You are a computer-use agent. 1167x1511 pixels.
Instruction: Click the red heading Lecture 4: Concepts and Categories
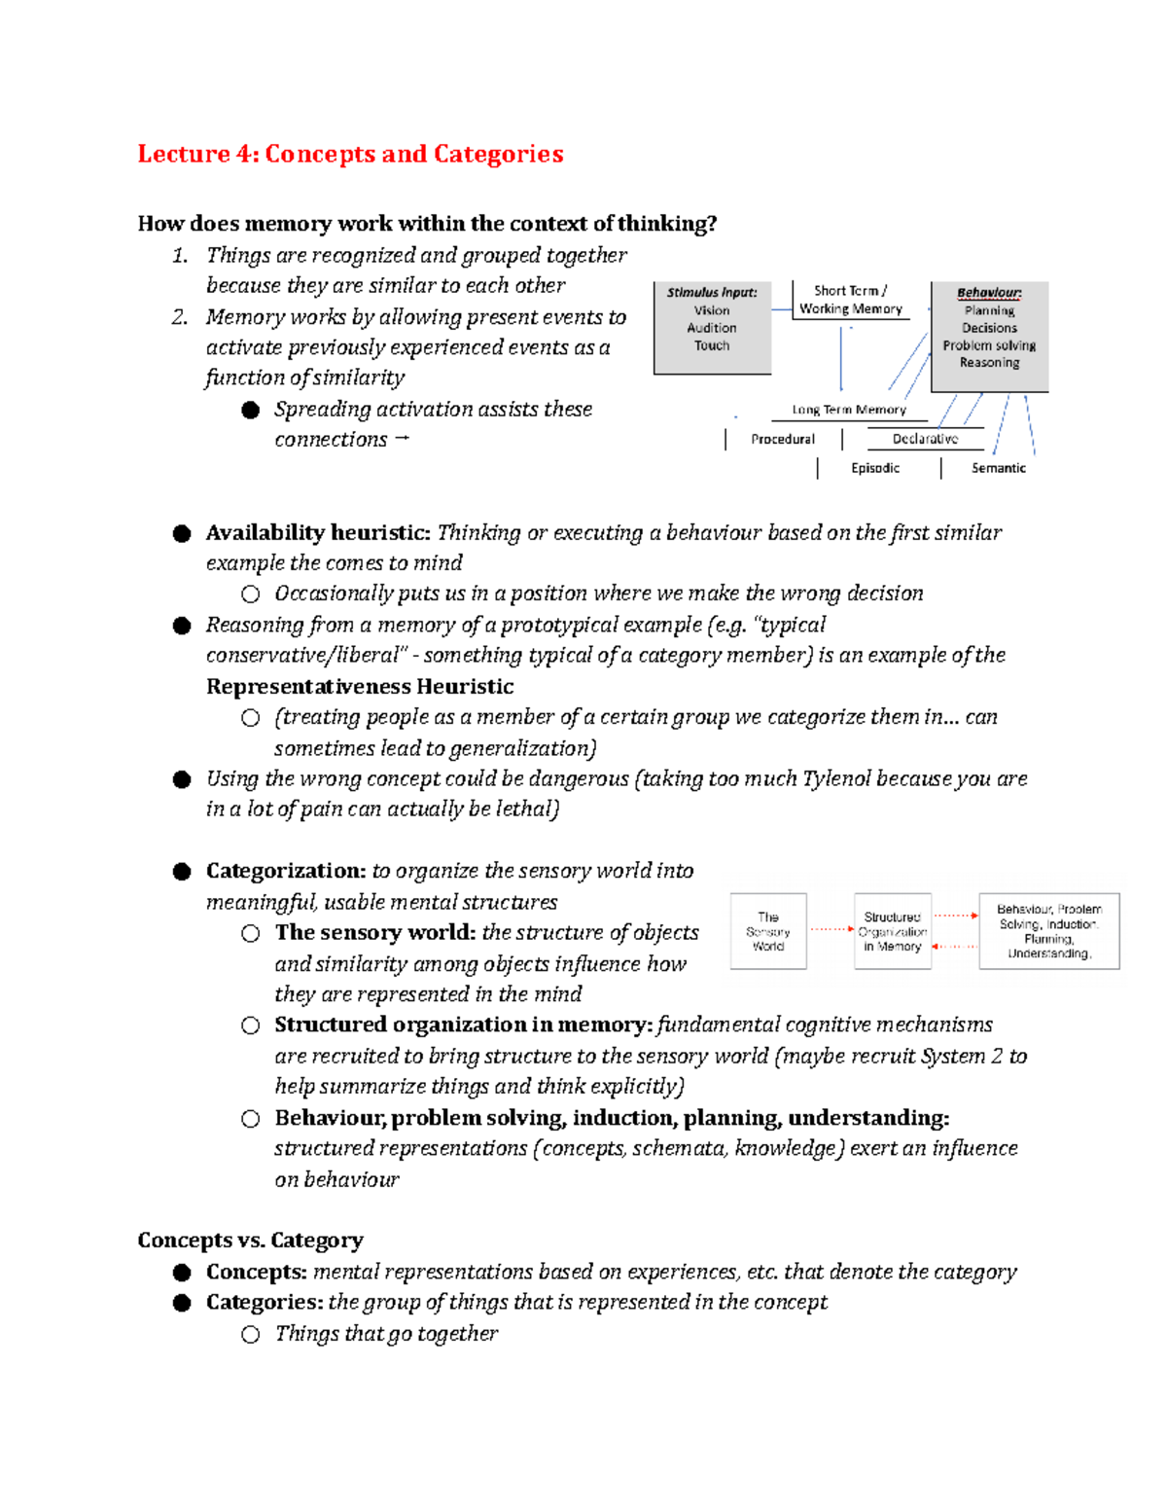coord(350,154)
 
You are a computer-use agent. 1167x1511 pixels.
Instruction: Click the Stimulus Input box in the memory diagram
coord(712,327)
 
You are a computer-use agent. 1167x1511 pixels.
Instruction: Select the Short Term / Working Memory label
coord(850,300)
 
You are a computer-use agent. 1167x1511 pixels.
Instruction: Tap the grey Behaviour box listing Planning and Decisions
coord(989,336)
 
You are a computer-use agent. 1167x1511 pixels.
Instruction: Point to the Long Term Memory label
coord(848,410)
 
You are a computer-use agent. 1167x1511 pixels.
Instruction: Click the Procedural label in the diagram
coord(782,439)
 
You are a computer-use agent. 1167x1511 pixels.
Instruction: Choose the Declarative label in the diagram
coord(925,439)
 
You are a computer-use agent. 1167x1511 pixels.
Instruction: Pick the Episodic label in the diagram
coord(874,468)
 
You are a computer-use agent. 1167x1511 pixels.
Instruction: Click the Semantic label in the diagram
coord(998,468)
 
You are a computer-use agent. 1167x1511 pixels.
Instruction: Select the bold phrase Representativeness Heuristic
coord(360,686)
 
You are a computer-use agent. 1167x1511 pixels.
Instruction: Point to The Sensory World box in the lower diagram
coord(768,931)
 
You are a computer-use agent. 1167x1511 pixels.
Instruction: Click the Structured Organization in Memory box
coord(892,931)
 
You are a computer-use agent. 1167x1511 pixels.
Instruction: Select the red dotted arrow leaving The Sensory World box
coord(831,929)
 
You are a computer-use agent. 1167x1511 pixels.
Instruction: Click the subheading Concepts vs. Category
coord(250,1240)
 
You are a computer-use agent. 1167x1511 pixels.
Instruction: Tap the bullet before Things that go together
coord(251,1334)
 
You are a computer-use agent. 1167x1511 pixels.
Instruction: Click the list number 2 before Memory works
coord(179,317)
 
